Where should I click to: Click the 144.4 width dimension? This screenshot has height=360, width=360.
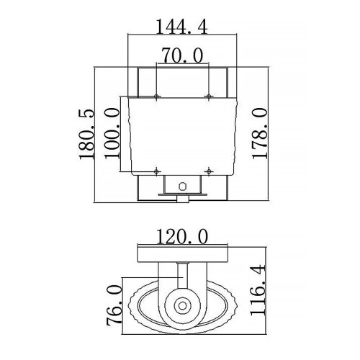click(x=181, y=27)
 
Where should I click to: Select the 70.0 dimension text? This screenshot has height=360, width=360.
click(x=181, y=55)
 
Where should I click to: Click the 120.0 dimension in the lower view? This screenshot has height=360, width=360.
click(x=181, y=235)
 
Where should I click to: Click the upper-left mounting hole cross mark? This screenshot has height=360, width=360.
click(x=156, y=96)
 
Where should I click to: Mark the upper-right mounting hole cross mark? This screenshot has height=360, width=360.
click(x=208, y=96)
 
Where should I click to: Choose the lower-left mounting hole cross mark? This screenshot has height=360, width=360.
click(x=156, y=171)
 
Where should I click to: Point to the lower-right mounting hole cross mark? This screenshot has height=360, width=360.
click(x=208, y=171)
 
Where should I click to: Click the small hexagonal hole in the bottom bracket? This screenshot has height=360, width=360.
click(x=183, y=184)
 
